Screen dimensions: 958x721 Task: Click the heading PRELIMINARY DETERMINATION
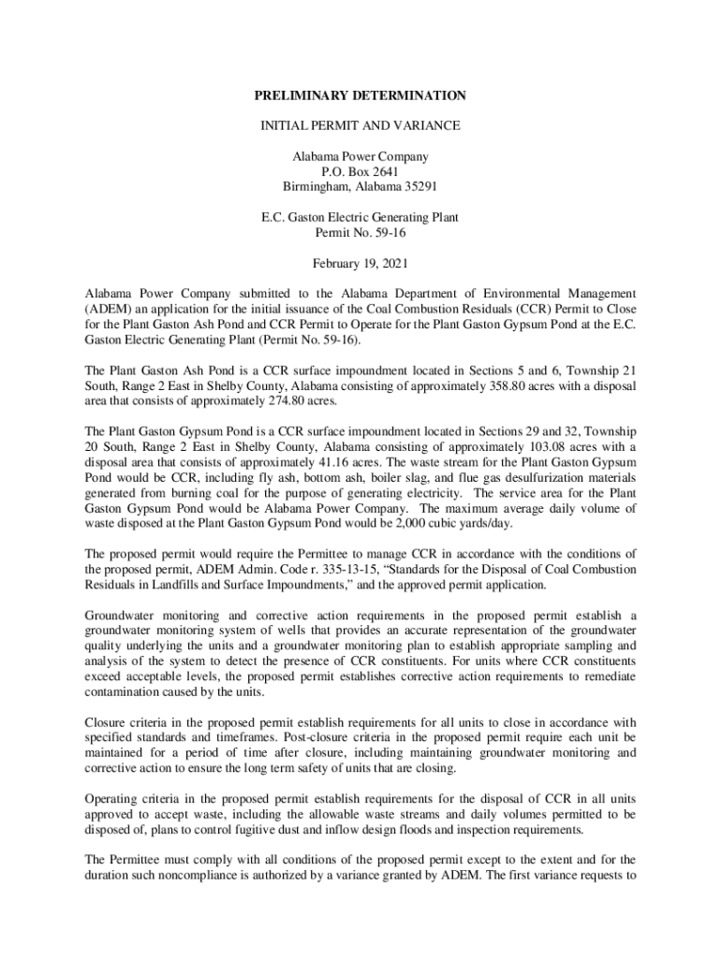coord(360,95)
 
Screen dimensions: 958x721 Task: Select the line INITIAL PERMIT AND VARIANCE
coord(360,125)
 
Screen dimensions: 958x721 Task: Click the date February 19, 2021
coord(360,263)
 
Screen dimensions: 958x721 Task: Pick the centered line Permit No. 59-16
coord(360,232)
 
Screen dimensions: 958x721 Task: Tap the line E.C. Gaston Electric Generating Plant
coord(360,217)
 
